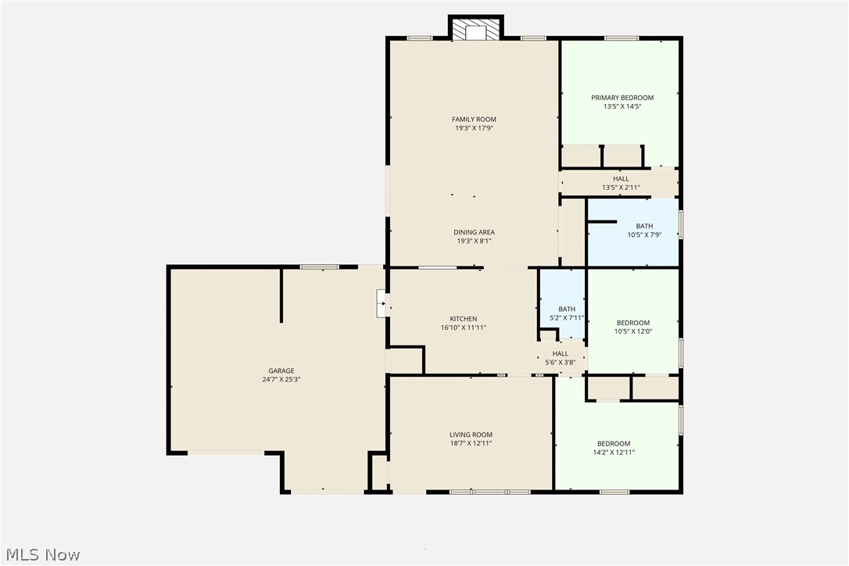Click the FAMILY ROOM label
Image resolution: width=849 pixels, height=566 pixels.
(x=474, y=120)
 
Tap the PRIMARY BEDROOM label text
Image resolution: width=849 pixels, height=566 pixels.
(x=622, y=98)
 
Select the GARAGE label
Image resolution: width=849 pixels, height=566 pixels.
(x=281, y=371)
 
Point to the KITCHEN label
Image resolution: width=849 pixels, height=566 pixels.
(x=464, y=319)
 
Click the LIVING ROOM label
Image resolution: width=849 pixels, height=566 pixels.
(x=471, y=435)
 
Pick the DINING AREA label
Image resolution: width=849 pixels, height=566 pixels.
(x=474, y=232)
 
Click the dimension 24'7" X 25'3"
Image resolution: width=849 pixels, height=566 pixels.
(x=281, y=379)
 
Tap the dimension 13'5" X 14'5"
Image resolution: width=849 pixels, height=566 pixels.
(x=622, y=106)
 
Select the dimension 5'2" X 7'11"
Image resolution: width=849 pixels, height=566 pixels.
(x=567, y=317)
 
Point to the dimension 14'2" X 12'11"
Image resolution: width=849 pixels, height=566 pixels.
(x=614, y=452)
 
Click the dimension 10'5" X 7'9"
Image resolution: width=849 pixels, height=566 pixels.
(x=644, y=235)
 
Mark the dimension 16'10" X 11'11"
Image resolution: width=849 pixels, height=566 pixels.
(x=464, y=328)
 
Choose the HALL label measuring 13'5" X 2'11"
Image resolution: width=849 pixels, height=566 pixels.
(x=621, y=179)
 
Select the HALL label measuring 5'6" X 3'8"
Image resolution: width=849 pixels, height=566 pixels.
(x=561, y=353)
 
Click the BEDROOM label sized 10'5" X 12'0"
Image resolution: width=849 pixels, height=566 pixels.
(x=633, y=323)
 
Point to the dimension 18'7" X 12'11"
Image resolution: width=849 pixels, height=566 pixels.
(x=471, y=443)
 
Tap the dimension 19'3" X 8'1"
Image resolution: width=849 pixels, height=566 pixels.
(x=474, y=241)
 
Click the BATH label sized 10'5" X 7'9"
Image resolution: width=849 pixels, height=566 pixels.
(x=644, y=226)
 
